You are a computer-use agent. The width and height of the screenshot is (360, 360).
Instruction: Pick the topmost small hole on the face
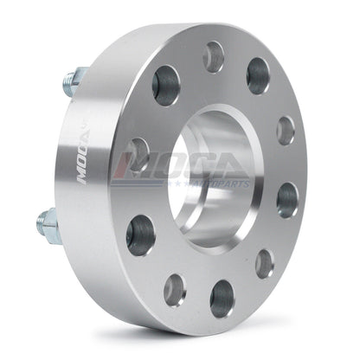(x=213, y=57)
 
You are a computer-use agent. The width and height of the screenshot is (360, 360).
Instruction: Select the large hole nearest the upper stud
(x=165, y=86)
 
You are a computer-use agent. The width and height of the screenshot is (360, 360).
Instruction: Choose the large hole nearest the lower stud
(x=140, y=235)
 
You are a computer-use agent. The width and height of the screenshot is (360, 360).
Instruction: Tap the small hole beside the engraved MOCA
(x=138, y=152)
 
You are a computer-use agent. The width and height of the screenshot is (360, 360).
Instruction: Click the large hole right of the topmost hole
(x=258, y=75)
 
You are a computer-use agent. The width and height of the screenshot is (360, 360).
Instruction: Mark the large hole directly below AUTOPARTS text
(x=287, y=199)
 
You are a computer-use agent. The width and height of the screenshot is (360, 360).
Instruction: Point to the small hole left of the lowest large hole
(x=175, y=290)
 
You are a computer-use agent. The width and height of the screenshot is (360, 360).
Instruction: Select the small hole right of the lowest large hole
(x=265, y=264)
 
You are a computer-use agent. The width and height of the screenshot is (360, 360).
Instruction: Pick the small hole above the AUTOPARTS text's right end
(x=286, y=130)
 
